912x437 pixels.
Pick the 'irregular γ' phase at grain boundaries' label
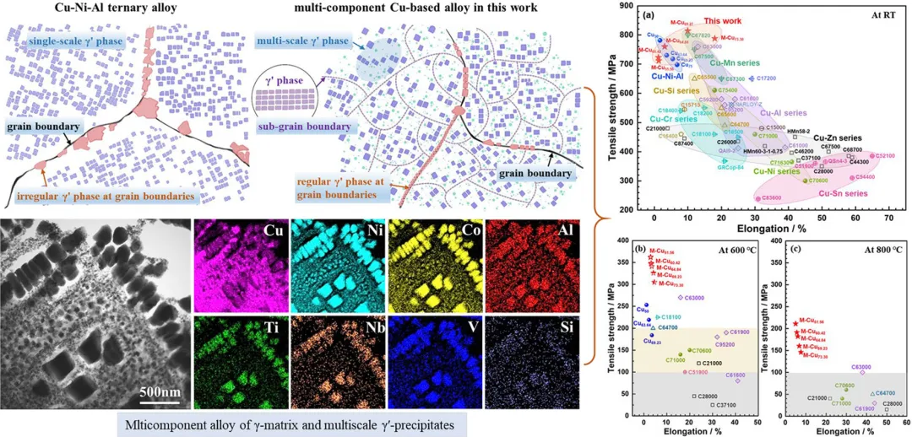(105, 197)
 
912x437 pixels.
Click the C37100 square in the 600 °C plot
(712, 405)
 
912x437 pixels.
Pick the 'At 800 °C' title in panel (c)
(871, 250)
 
